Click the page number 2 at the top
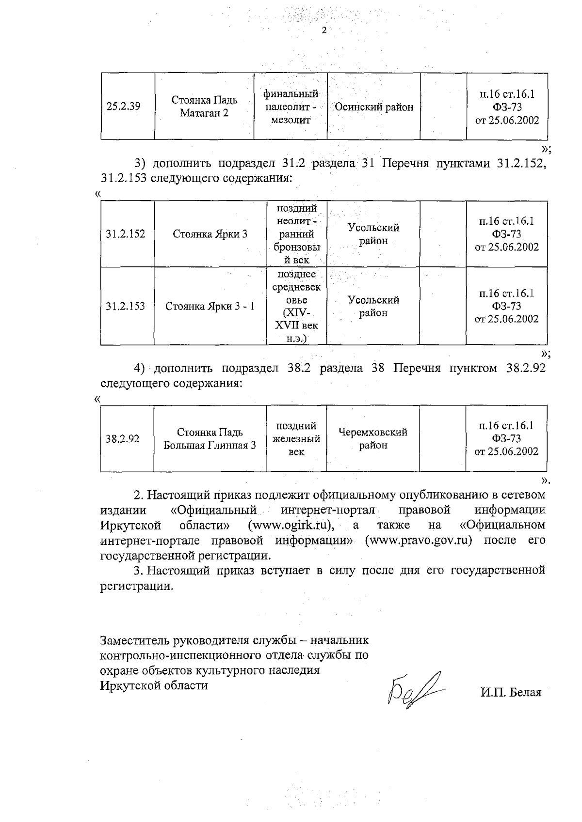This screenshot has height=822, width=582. click(x=324, y=31)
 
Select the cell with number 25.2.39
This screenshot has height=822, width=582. click(x=123, y=107)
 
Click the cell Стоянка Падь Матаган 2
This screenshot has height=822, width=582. click(x=204, y=107)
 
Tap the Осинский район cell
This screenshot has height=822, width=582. click(x=374, y=107)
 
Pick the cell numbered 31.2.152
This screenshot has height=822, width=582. click(x=126, y=234)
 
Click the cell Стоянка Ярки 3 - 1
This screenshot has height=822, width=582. click(x=210, y=307)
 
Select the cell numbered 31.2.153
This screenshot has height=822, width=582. click(x=126, y=307)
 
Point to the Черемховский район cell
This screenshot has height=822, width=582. click(x=372, y=438)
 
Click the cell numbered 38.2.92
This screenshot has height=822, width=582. click(x=123, y=439)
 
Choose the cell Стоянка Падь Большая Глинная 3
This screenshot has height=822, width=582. click(x=210, y=438)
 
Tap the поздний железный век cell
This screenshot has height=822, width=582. click(x=296, y=438)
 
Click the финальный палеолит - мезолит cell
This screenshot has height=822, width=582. click(x=291, y=107)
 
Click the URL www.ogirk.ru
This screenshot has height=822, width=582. click(x=291, y=525)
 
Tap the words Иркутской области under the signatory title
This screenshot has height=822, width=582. click(x=154, y=685)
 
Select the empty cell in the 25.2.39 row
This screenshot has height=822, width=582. click(x=443, y=107)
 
